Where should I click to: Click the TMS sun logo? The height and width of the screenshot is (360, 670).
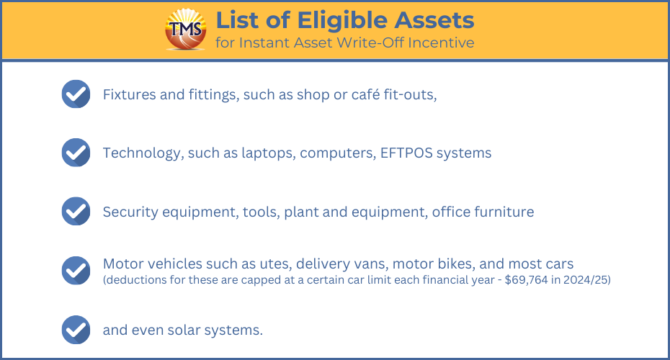(186, 29)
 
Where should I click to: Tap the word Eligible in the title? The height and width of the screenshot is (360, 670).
(342, 20)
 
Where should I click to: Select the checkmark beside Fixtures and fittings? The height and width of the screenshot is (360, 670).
(76, 94)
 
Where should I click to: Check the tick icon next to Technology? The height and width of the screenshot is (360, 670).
(76, 153)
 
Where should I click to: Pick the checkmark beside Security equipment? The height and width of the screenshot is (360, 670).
(76, 211)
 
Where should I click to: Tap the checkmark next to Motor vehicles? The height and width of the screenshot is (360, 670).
(76, 270)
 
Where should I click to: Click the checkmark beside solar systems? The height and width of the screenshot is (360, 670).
(76, 330)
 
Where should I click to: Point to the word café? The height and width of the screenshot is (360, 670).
(365, 94)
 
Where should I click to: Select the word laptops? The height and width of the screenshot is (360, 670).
(268, 153)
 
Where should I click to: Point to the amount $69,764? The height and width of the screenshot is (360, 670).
(526, 280)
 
